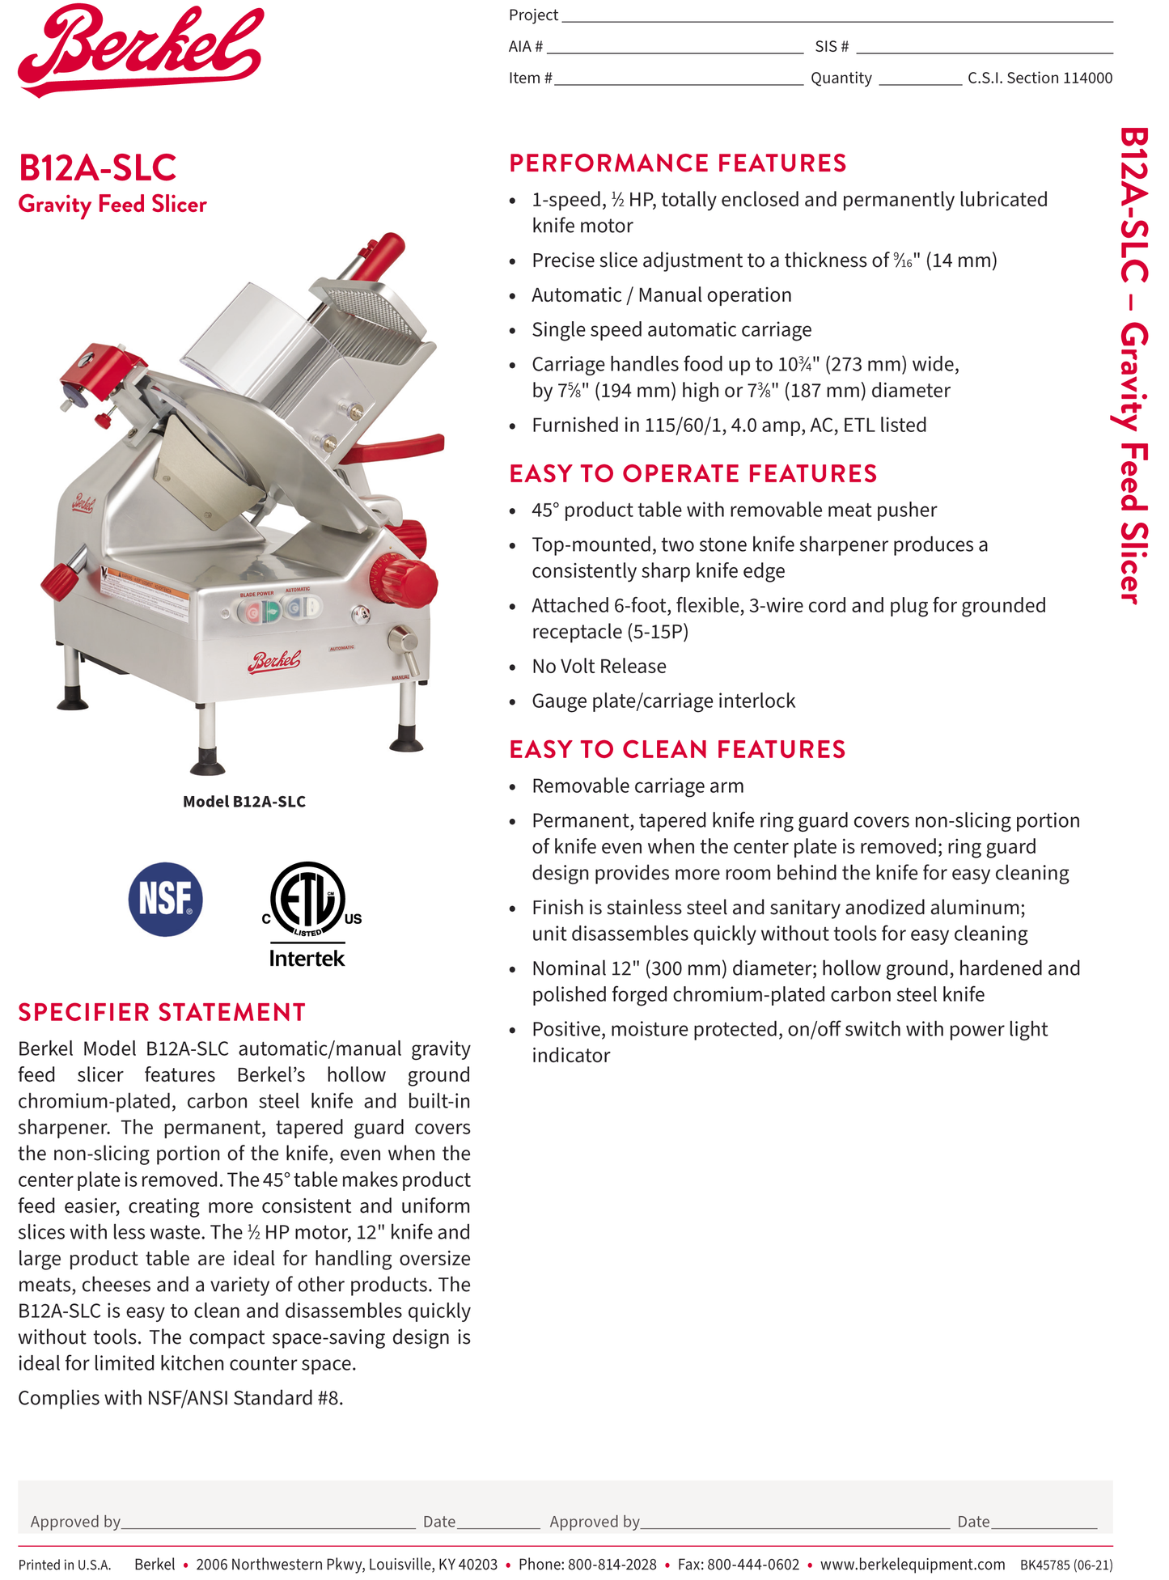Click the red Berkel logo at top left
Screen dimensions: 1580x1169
click(x=141, y=50)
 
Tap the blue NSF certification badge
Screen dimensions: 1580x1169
click(x=165, y=899)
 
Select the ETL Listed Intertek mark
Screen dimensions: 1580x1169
click(x=307, y=913)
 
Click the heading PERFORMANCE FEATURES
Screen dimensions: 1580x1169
click(x=677, y=163)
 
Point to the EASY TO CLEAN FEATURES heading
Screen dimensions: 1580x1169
click(x=676, y=749)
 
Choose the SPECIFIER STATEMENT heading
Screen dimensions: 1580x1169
click(x=162, y=1012)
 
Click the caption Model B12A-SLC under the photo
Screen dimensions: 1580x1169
click(x=244, y=802)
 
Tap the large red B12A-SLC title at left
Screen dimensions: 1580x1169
click(x=97, y=168)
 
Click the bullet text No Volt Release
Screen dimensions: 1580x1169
click(x=599, y=667)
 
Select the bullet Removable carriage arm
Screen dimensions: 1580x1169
click(x=637, y=786)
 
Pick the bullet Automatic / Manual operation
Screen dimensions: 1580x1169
click(x=661, y=295)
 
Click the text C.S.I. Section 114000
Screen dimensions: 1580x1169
click(x=1040, y=78)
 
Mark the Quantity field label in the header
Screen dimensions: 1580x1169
click(x=841, y=78)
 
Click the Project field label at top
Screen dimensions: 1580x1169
click(x=533, y=15)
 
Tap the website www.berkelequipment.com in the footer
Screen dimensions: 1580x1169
click(x=912, y=1565)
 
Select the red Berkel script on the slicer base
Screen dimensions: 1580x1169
click(x=274, y=661)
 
